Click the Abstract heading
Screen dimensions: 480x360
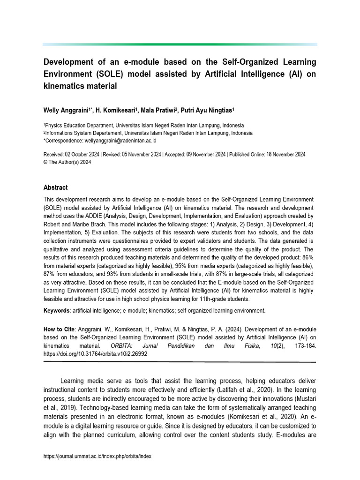click(55, 187)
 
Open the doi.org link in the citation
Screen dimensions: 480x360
click(95, 354)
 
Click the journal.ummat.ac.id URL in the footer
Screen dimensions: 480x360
click(97, 456)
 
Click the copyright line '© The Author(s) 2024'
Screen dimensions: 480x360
click(67, 162)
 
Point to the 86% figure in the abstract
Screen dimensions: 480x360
click(306, 257)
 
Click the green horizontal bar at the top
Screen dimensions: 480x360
click(180, 44)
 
